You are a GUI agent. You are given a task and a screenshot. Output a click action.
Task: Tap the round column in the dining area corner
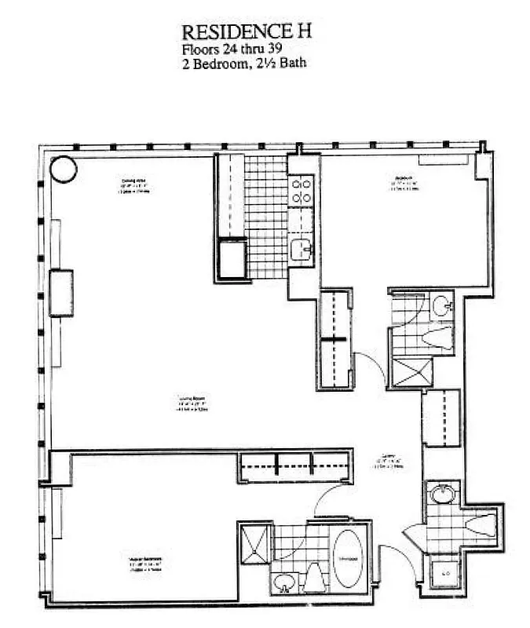click(x=63, y=168)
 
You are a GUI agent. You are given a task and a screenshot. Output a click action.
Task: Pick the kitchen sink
click(x=301, y=250)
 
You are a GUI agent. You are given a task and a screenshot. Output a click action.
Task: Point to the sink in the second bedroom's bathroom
click(x=441, y=305)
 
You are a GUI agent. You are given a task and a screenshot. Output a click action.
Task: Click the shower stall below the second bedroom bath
click(x=413, y=372)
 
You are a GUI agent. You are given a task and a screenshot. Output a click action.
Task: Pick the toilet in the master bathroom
click(x=314, y=579)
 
